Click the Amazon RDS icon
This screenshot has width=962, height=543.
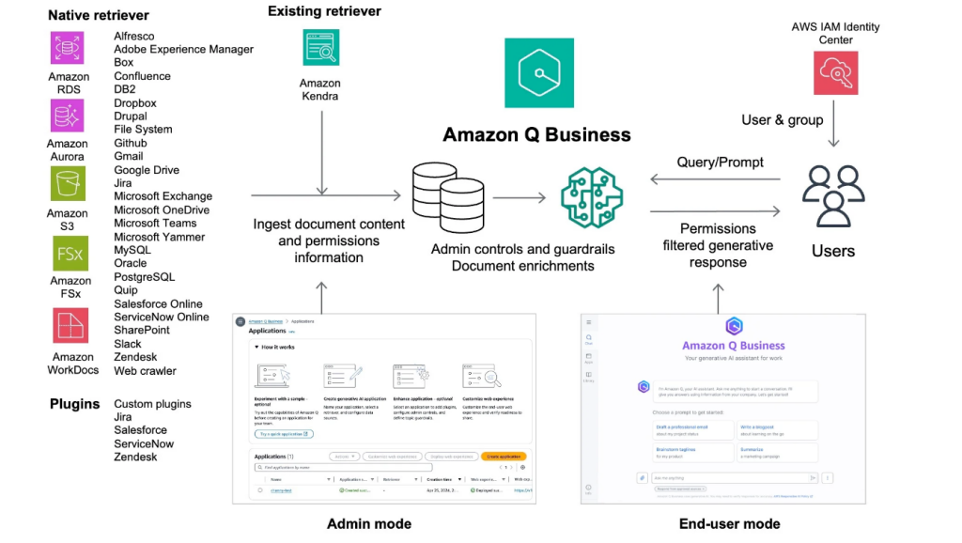(68, 48)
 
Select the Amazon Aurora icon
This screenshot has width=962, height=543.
(68, 116)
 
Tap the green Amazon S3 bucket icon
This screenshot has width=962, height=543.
(68, 183)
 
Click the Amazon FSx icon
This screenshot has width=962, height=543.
(68, 254)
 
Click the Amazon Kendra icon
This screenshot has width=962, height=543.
(320, 48)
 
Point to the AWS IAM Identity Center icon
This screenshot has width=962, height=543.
(835, 72)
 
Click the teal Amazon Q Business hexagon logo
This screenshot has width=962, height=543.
(538, 72)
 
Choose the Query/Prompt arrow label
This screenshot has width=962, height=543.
(720, 162)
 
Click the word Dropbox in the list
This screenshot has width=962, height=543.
(135, 103)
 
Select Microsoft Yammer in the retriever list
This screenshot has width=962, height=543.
(159, 237)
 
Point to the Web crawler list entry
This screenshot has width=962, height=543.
(145, 370)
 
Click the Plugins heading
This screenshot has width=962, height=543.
(74, 404)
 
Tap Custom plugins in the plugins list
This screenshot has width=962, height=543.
(152, 404)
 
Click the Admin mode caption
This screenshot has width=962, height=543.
(368, 523)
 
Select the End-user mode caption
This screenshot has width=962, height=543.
(729, 523)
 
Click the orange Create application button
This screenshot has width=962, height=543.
(504, 456)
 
